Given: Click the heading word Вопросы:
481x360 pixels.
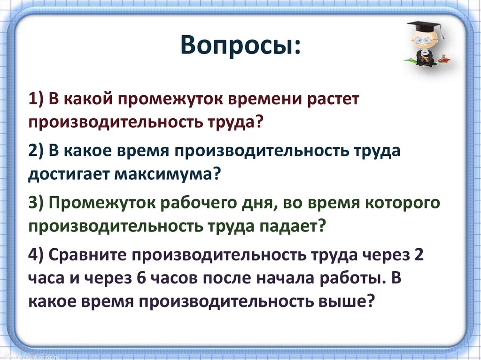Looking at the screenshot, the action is (x=240, y=45).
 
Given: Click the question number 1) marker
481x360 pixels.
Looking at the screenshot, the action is (x=36, y=100).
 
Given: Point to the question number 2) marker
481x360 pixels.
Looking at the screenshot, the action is (x=37, y=151).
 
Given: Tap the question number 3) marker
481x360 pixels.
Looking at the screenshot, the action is (x=37, y=203).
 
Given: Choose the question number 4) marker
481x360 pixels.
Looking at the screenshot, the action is (x=37, y=254).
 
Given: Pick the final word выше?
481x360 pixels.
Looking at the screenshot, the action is (x=347, y=302).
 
